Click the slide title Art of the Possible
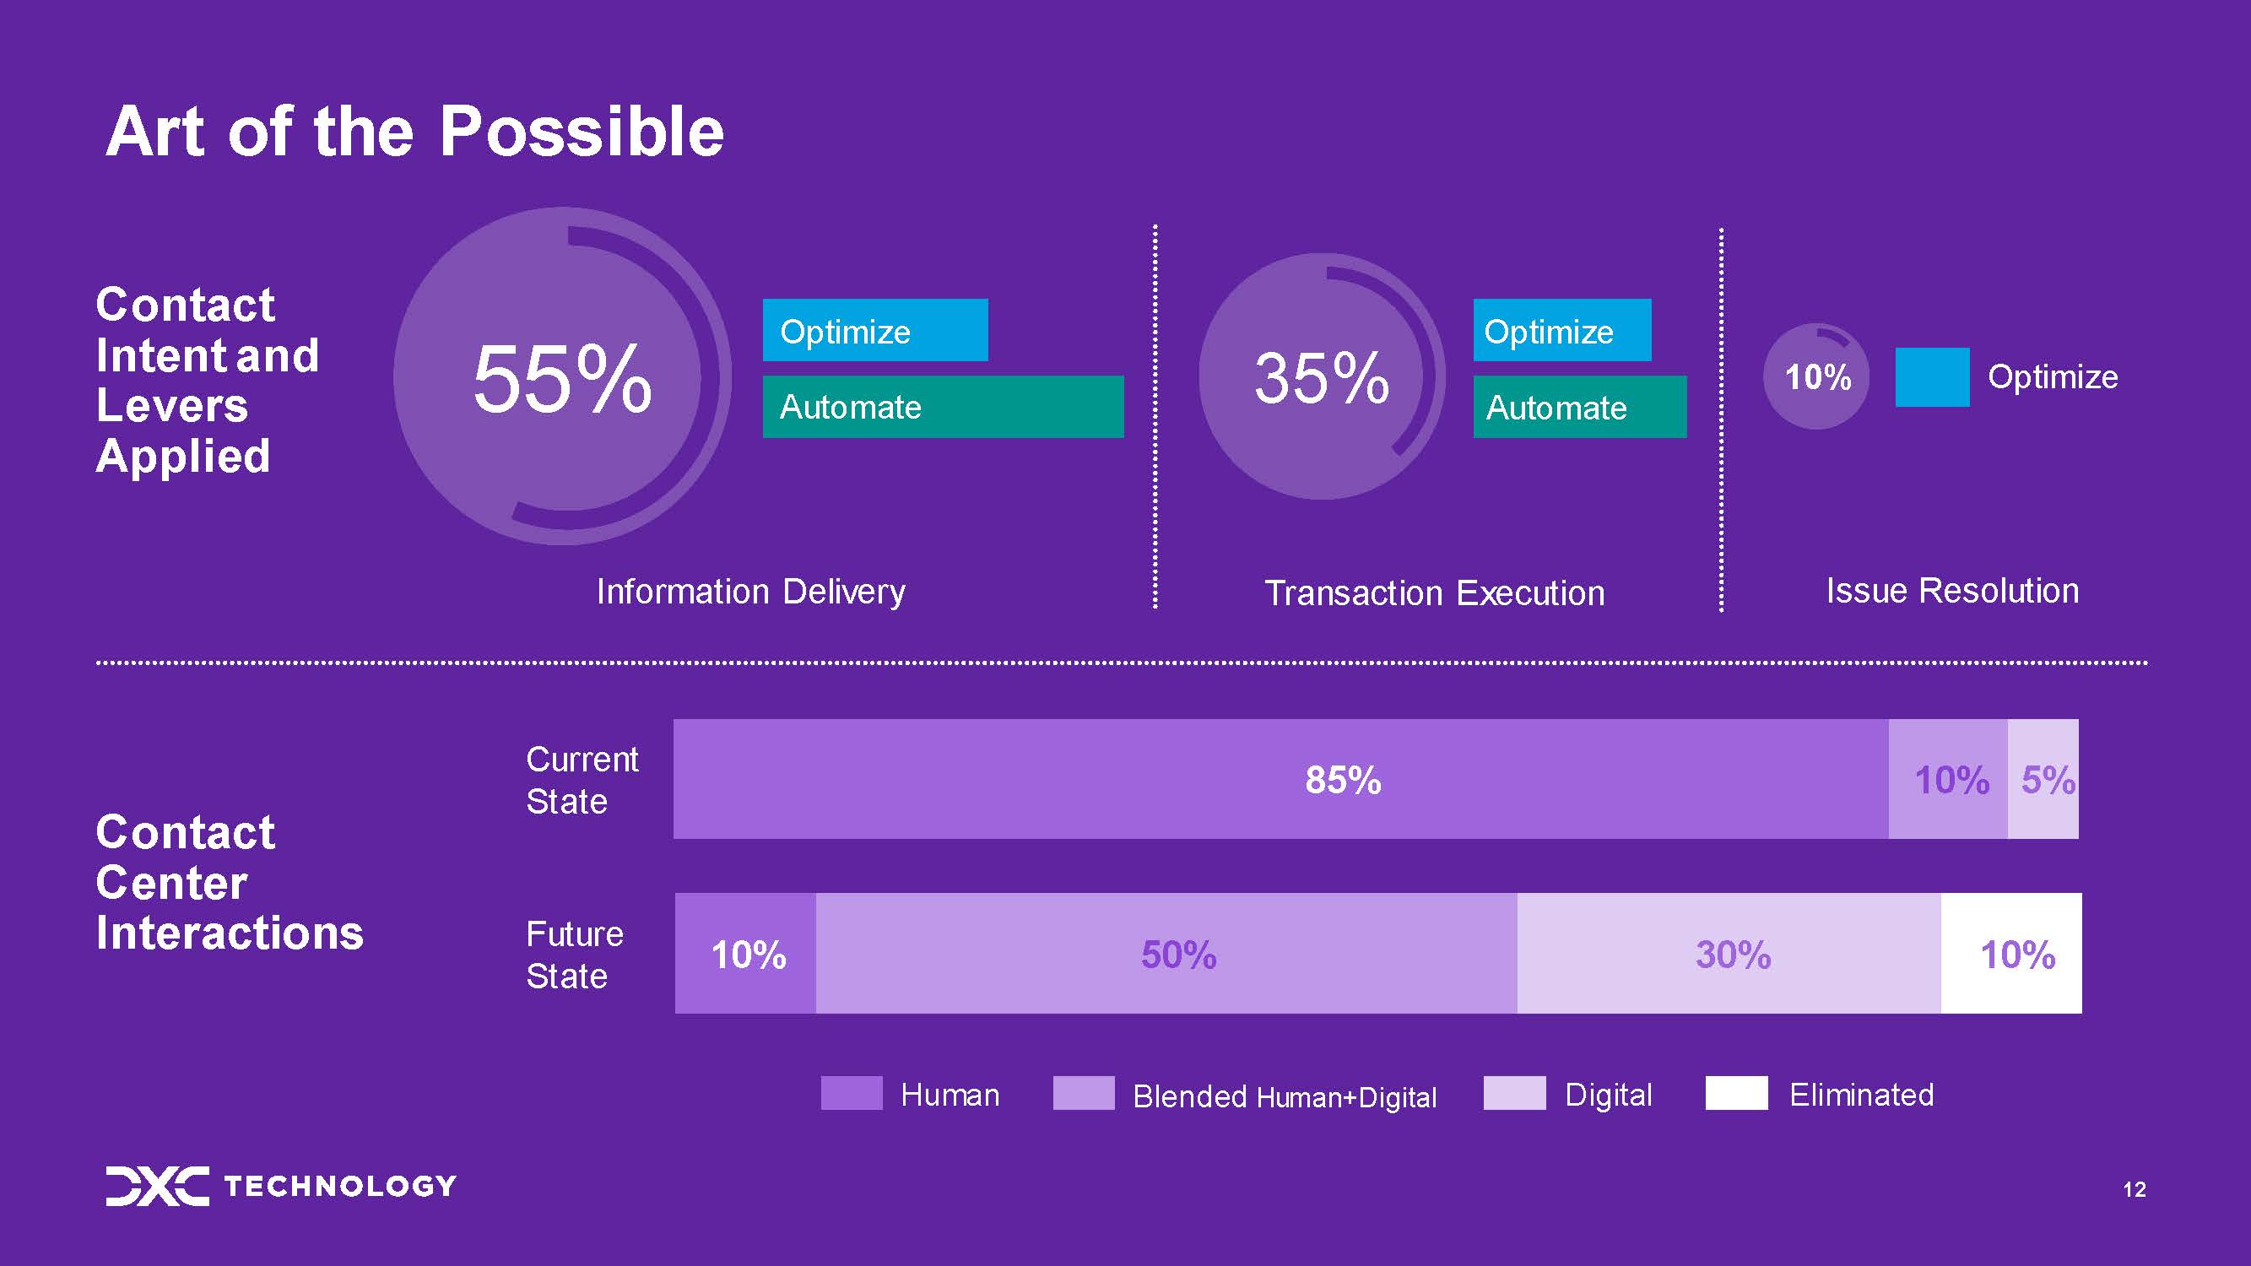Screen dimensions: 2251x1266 [x=415, y=131]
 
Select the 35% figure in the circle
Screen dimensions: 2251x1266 [x=1321, y=377]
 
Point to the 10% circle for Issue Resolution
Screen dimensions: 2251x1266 [x=1816, y=376]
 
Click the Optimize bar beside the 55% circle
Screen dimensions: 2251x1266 [x=874, y=330]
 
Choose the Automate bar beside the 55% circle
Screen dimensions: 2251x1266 [x=943, y=406]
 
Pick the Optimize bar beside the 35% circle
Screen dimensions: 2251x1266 [x=1562, y=330]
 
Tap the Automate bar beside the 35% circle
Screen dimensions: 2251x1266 [x=1580, y=406]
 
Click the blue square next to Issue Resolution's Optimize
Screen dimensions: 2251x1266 [x=1932, y=377]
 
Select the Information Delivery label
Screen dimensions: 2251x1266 [x=750, y=592]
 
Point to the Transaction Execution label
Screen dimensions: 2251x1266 [x=1435, y=593]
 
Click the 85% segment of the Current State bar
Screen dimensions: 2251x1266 [x=1281, y=779]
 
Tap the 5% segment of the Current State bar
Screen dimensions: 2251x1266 [x=2043, y=779]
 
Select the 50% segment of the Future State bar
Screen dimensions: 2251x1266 [x=1166, y=953]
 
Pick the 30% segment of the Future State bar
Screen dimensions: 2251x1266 [x=1729, y=953]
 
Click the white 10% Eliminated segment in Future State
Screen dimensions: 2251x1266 [x=2011, y=953]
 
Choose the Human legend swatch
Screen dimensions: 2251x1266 [x=852, y=1093]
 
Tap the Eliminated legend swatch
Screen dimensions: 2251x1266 [x=1736, y=1093]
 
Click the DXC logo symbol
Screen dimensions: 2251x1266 [x=157, y=1186]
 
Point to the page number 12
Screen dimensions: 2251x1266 [x=2135, y=1189]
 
